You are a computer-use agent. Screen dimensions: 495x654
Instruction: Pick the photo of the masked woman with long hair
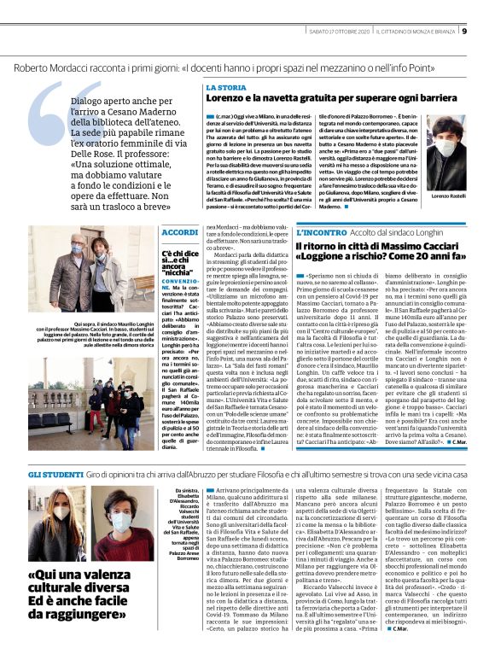coord(56,511)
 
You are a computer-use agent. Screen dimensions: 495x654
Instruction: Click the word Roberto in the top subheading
coord(33,66)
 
